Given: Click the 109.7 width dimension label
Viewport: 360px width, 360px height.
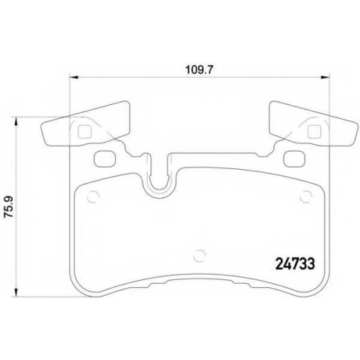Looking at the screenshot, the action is [x=199, y=70].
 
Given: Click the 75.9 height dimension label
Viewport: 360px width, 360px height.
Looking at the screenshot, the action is [x=9, y=207].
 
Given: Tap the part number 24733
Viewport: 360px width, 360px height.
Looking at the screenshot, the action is [x=295, y=264].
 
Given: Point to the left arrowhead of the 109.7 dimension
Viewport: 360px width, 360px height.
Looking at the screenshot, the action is [x=74, y=77].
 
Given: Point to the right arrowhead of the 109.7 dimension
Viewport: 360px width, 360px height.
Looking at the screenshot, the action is [x=325, y=77].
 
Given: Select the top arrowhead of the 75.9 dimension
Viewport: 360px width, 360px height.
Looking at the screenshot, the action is [x=16, y=122].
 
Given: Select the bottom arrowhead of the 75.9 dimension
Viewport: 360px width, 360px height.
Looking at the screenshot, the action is [x=16, y=292].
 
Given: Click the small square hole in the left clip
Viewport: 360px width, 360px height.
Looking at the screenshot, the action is [x=85, y=132].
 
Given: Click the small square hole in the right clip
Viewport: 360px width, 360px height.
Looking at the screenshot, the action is [x=315, y=132].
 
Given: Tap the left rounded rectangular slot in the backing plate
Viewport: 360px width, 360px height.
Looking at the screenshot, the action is [x=105, y=158].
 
